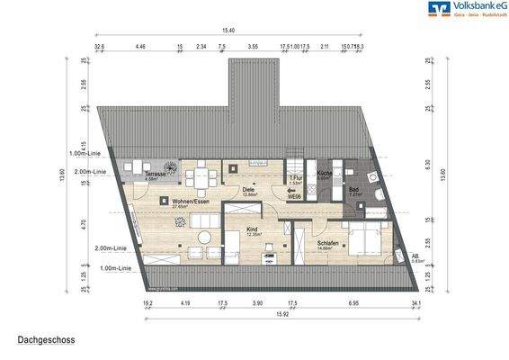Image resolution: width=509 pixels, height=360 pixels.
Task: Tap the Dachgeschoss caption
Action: coord(45,341)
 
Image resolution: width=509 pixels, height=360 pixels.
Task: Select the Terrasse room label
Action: coord(155,173)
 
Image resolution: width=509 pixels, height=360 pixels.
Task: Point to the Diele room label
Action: coord(249,190)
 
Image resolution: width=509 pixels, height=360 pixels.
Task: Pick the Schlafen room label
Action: coord(326,242)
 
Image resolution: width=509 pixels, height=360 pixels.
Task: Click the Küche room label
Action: coord(324,175)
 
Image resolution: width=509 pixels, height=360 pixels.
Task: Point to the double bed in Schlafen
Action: coord(364,240)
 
